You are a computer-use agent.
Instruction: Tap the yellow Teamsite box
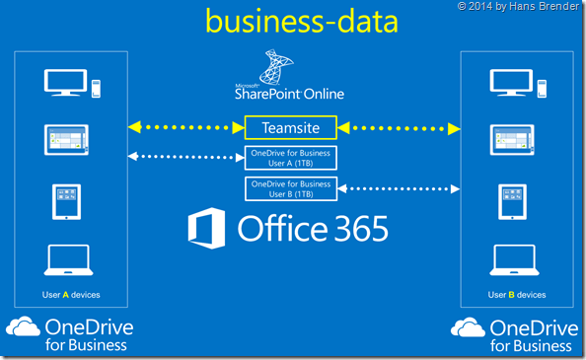point(290,126)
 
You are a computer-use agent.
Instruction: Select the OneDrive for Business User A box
point(290,158)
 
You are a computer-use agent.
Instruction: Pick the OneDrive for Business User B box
point(290,187)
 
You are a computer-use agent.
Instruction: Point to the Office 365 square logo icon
point(207,229)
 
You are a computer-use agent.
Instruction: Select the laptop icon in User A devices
point(67,261)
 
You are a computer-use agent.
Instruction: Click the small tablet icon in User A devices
point(67,201)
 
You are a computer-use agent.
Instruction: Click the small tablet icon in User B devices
point(511,201)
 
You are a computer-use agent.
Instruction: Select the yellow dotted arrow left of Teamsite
point(186,126)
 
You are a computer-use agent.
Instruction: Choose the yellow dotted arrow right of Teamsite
point(398,126)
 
